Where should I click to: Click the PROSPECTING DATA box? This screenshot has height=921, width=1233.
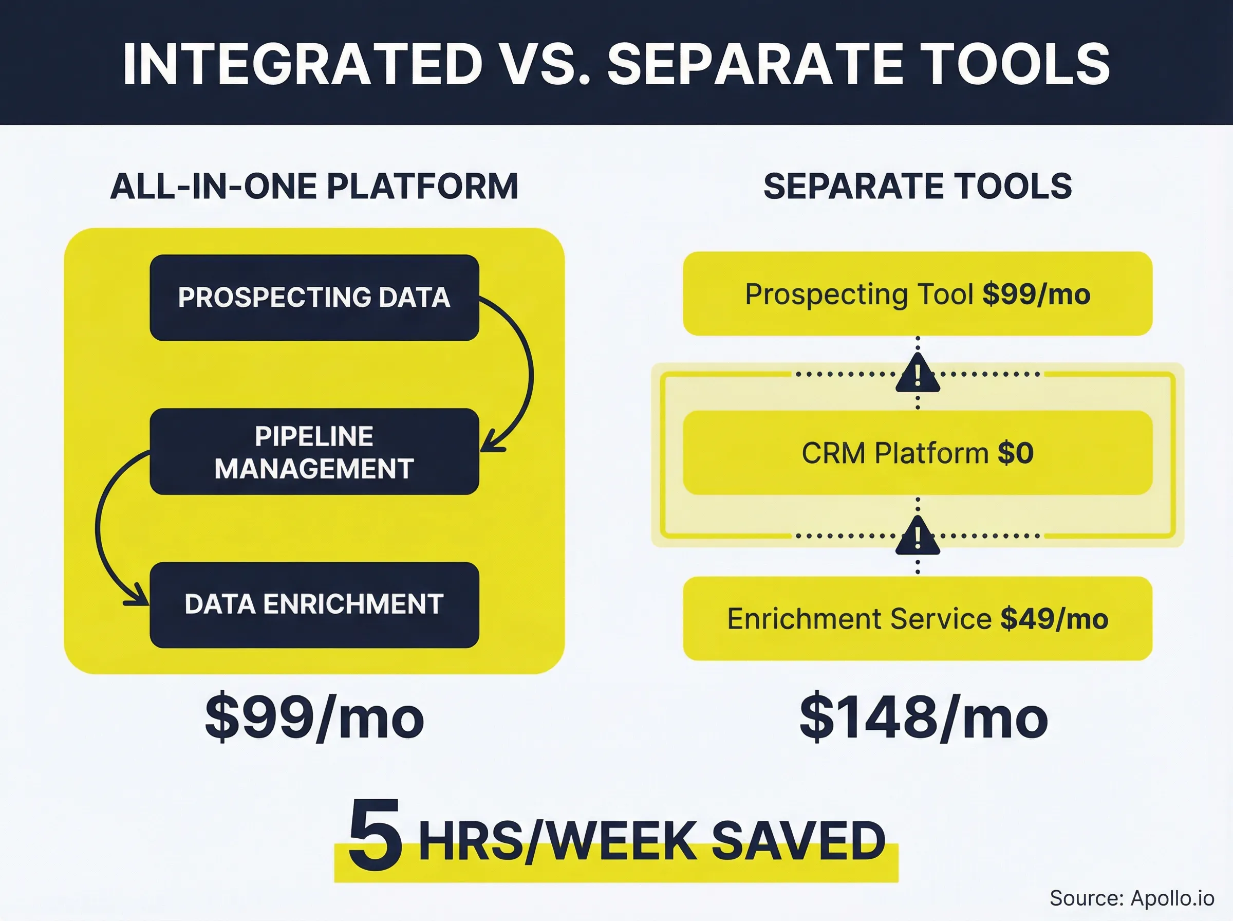[x=314, y=298]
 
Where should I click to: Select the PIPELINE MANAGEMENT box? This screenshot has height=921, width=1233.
[x=314, y=452]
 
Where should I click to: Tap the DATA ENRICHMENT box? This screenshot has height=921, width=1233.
[x=314, y=605]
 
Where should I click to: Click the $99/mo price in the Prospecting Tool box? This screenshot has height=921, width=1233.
[x=1036, y=294]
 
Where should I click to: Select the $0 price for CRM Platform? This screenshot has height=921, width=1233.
[x=1015, y=453]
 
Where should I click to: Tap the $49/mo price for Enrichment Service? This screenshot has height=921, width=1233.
[x=1054, y=619]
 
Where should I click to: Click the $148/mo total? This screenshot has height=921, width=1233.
[x=923, y=718]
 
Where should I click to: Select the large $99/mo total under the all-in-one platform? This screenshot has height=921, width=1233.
[x=314, y=718]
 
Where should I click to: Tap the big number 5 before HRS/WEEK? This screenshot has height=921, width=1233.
[x=375, y=836]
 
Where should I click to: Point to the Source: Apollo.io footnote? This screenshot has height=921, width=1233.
[x=1131, y=898]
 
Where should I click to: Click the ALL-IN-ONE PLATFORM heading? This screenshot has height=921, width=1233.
[x=314, y=186]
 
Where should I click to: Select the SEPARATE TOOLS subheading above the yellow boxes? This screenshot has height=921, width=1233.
[x=918, y=186]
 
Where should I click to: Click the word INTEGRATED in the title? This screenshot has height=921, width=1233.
[x=302, y=64]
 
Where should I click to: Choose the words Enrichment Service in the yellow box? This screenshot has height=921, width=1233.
[x=859, y=619]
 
